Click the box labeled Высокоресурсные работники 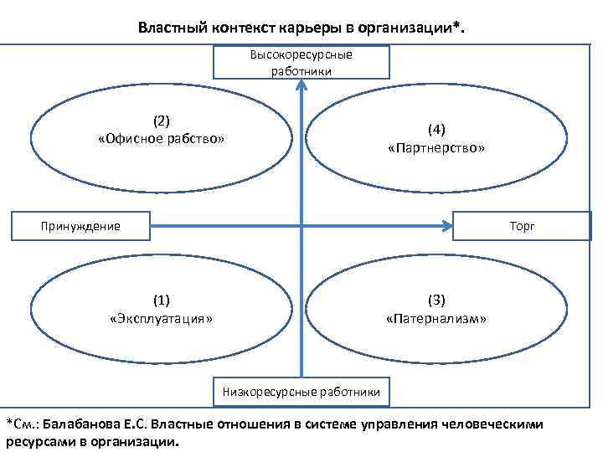[301, 63]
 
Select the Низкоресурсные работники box [301, 391]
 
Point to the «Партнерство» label [436, 147]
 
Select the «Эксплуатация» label [162, 318]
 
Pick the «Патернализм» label [436, 319]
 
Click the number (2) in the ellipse [162, 120]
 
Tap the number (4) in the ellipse [436, 129]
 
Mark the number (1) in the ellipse [162, 300]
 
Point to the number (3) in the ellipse [436, 300]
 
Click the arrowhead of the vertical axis [301, 85]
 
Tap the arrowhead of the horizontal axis [445, 224]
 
